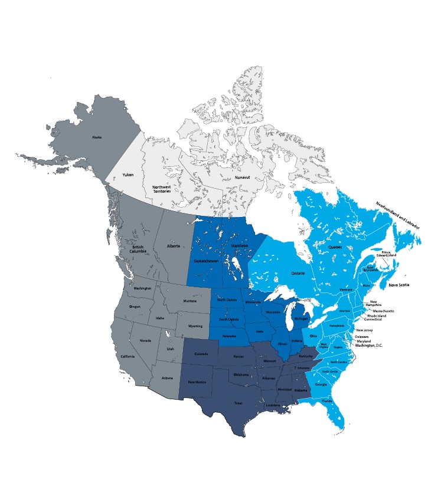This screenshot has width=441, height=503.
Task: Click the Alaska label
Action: (x=97, y=137)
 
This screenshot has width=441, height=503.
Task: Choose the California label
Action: (x=129, y=357)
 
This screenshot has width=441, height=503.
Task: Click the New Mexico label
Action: (x=197, y=382)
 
